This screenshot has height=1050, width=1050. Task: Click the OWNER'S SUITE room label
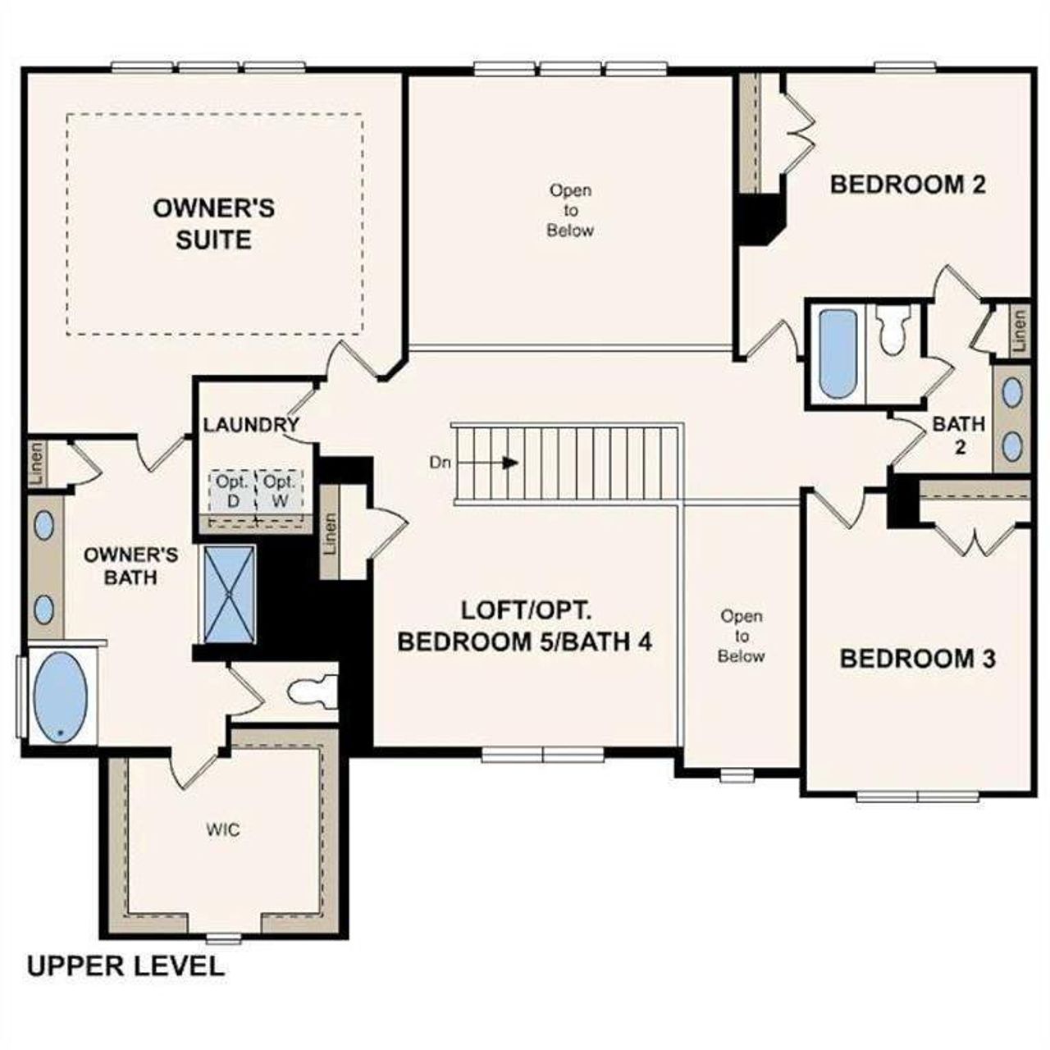[x=213, y=223]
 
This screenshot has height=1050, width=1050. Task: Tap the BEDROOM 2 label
[x=907, y=185]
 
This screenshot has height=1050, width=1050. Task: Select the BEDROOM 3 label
[x=917, y=658]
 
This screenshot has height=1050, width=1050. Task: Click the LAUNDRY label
[x=251, y=425]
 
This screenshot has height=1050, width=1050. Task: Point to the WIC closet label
[x=223, y=830]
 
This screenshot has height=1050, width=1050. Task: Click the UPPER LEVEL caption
[x=126, y=966]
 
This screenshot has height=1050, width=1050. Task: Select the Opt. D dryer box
[x=232, y=491]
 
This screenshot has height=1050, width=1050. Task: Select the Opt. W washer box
[x=280, y=491]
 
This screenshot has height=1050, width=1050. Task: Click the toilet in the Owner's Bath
[x=313, y=692]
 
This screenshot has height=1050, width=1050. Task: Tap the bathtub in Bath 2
[x=838, y=353]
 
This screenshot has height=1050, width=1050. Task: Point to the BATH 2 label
[x=958, y=436]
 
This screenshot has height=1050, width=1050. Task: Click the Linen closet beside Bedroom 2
[x=1018, y=331]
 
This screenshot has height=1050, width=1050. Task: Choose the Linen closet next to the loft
[x=330, y=532]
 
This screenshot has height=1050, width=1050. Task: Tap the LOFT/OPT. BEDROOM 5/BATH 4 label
[x=524, y=626]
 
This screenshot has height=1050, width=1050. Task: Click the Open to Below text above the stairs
[x=570, y=210]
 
